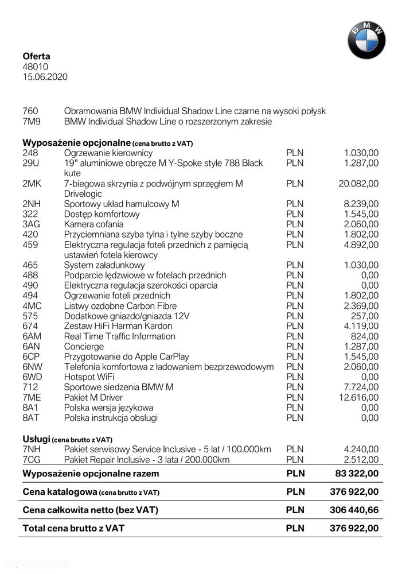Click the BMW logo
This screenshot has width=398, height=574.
tap(366, 40)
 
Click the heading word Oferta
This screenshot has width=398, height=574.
tap(36, 56)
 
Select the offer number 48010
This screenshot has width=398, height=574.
tap(35, 67)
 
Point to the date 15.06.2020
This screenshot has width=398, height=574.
tap(45, 77)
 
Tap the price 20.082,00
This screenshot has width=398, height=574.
tap(358, 184)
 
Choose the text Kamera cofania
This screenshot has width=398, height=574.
tap(94, 224)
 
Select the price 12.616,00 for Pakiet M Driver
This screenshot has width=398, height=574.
tap(358, 397)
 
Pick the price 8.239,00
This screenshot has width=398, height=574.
tap(361, 204)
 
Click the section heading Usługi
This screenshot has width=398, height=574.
tap(36, 439)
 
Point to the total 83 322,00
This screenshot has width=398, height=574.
tap(357, 474)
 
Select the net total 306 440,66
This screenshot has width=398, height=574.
tap(354, 510)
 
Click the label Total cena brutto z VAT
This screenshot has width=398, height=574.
tap(73, 528)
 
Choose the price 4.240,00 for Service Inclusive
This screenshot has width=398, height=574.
tap(361, 449)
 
